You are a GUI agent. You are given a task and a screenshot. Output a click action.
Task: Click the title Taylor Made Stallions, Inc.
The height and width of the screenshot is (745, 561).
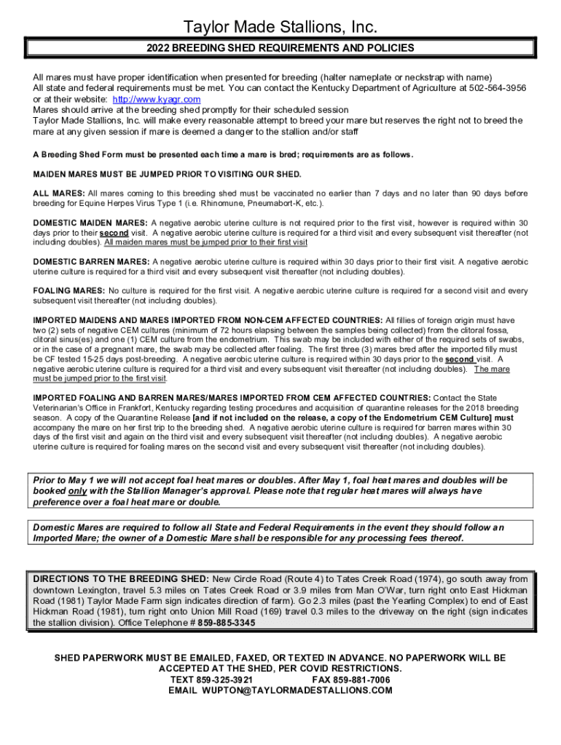click(x=280, y=28)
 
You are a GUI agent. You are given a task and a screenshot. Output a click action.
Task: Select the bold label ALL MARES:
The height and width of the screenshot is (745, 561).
click(x=59, y=193)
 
